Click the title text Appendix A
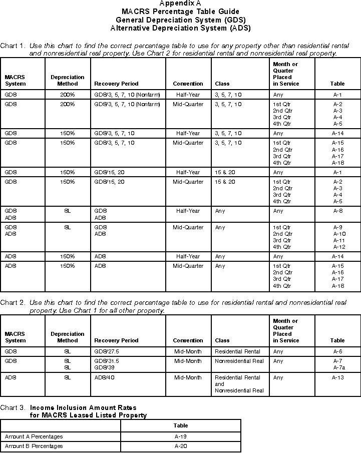pyautogui.click(x=180, y=4)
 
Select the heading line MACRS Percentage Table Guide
pyautogui.click(x=180, y=11)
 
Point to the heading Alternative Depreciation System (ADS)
pyautogui.click(x=180, y=28)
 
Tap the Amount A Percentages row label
pyautogui.click(x=34, y=436)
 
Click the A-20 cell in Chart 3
pyautogui.click(x=181, y=446)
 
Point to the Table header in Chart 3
pyautogui.click(x=181, y=425)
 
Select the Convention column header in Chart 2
pyautogui.click(x=188, y=340)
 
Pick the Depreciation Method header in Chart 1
pyautogui.click(x=68, y=81)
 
